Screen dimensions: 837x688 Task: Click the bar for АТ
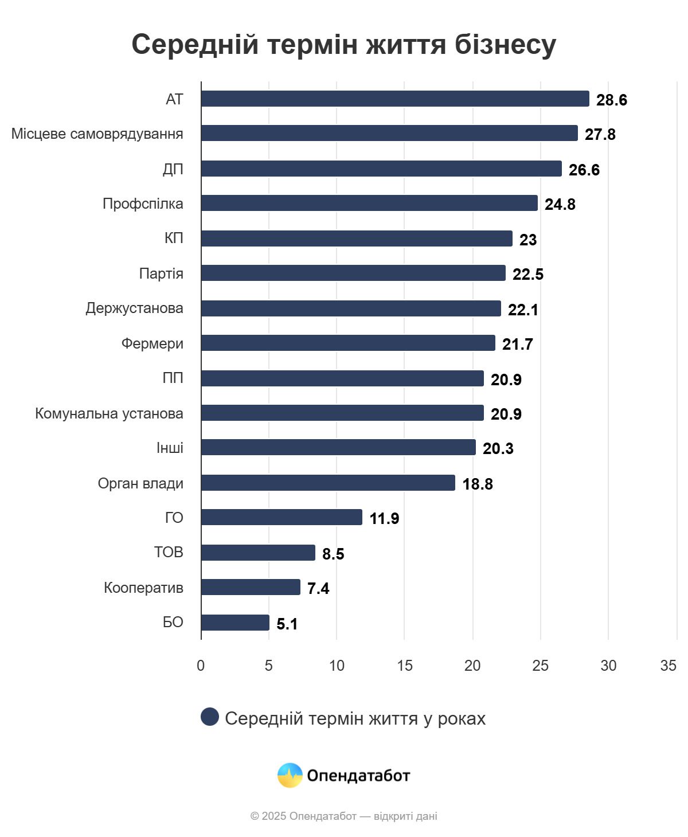click(x=395, y=99)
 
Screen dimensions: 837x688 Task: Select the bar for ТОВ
click(x=258, y=553)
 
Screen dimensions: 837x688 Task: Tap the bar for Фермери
click(x=348, y=343)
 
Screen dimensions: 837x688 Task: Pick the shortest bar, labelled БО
click(x=235, y=623)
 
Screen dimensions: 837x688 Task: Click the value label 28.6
click(x=611, y=100)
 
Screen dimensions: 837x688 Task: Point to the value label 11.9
click(x=384, y=519)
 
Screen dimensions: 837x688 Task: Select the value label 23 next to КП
click(x=527, y=240)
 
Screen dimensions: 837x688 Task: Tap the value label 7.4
click(x=318, y=589)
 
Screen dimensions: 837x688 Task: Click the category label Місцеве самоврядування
click(x=97, y=134)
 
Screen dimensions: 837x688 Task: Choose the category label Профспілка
click(x=143, y=204)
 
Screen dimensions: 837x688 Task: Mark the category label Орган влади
click(x=140, y=483)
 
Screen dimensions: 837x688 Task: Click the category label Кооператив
click(x=143, y=588)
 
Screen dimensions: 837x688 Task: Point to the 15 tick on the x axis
click(x=404, y=666)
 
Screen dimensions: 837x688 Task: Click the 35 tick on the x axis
click(x=668, y=666)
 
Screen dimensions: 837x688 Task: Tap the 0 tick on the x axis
click(x=201, y=666)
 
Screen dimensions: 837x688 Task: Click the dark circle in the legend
click(x=210, y=717)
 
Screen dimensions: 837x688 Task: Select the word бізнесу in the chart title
click(x=505, y=44)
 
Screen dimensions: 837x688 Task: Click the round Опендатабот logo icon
click(x=290, y=775)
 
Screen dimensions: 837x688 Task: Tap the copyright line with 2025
click(x=343, y=816)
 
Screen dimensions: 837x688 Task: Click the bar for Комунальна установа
click(x=342, y=413)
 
